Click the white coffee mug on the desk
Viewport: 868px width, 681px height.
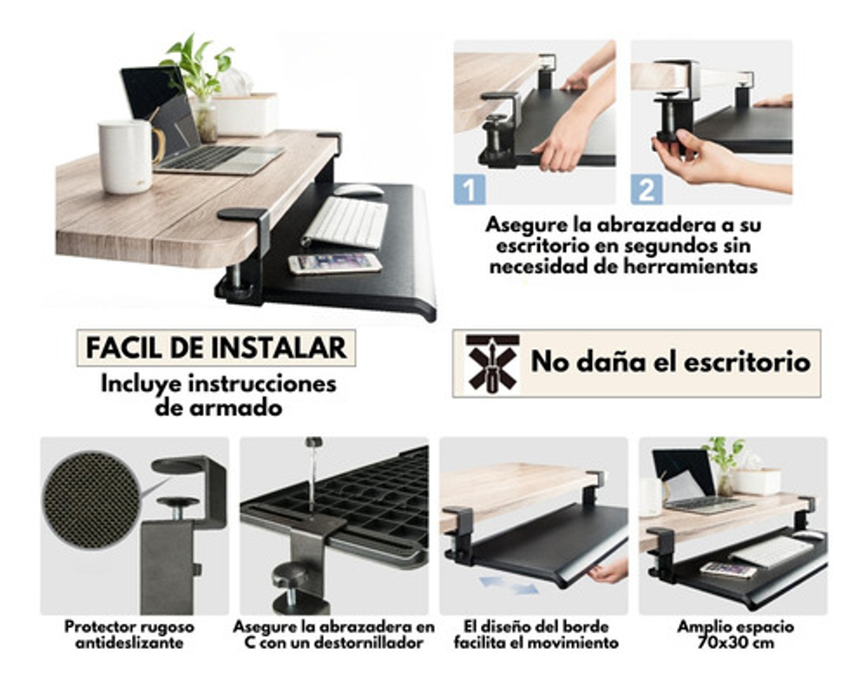(126, 156)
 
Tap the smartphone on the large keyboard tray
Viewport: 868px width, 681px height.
(335, 262)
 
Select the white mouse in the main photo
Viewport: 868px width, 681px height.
(358, 190)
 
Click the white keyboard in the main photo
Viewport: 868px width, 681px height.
(346, 222)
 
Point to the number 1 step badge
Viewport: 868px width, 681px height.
(470, 189)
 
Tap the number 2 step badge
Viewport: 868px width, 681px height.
(647, 189)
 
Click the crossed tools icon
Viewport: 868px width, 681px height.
(492, 363)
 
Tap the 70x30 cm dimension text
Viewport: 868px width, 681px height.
(735, 643)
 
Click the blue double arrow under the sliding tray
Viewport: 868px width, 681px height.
(509, 585)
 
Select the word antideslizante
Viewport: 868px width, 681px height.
(129, 643)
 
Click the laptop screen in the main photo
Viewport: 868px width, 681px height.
(161, 109)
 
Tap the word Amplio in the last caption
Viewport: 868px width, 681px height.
(702, 626)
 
